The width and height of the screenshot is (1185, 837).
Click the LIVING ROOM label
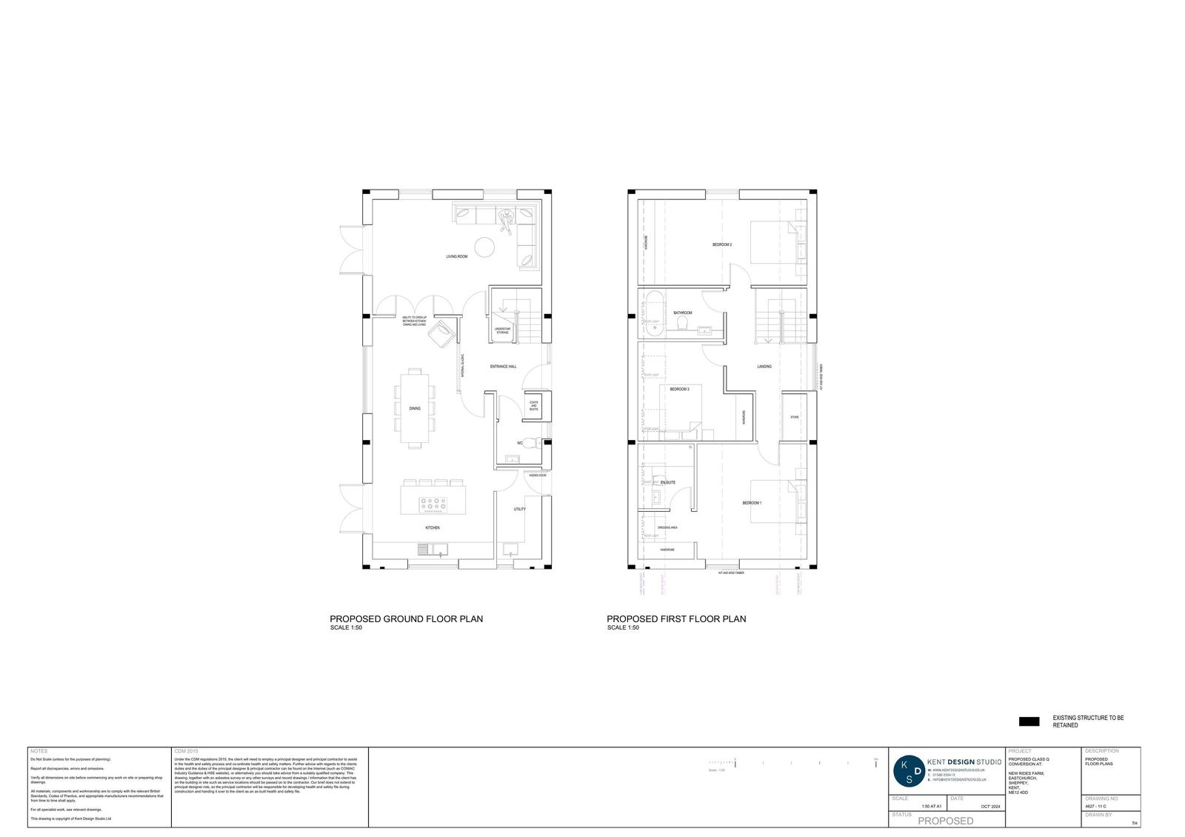click(456, 257)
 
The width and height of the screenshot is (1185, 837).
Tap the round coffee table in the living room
click(485, 246)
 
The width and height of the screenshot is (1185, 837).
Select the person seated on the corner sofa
click(507, 220)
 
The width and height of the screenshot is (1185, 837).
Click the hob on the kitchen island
click(433, 504)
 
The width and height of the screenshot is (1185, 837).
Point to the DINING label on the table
click(415, 408)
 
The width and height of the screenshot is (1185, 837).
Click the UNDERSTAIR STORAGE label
click(502, 331)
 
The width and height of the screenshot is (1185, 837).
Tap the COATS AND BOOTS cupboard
click(533, 406)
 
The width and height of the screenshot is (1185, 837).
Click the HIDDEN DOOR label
click(537, 476)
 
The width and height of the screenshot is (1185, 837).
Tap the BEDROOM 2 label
click(722, 244)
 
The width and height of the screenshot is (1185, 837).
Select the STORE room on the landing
click(794, 416)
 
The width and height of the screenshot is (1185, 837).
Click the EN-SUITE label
click(668, 482)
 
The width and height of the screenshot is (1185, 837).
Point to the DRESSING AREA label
click(667, 527)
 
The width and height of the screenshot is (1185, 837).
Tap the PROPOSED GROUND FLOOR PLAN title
click(406, 618)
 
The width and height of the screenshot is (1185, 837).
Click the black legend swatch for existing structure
click(1029, 721)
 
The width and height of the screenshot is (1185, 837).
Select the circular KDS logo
click(909, 771)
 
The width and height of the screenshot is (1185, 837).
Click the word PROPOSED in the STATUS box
click(946, 821)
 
